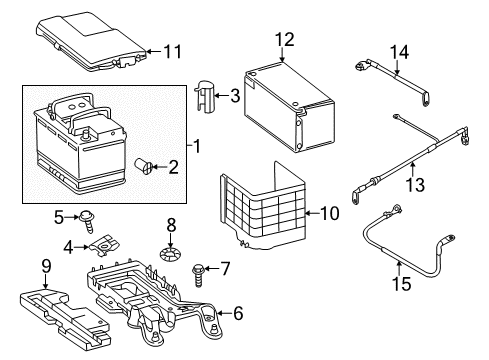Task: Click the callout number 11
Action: pos(173,52)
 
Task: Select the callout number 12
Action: pos(285,39)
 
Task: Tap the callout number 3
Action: pos(235,96)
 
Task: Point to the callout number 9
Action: pos(46,266)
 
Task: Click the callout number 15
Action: pos(401,284)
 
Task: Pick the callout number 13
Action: pos(415,185)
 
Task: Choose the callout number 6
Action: pos(238,313)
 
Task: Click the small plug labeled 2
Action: pos(143,166)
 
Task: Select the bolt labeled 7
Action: pos(198,275)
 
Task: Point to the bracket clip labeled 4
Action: pos(105,245)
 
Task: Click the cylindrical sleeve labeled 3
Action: pos(205,96)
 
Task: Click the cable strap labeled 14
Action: pos(393,82)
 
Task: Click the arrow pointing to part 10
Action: pos(312,213)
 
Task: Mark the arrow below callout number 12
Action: pos(282,55)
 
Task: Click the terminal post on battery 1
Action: pos(86,135)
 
